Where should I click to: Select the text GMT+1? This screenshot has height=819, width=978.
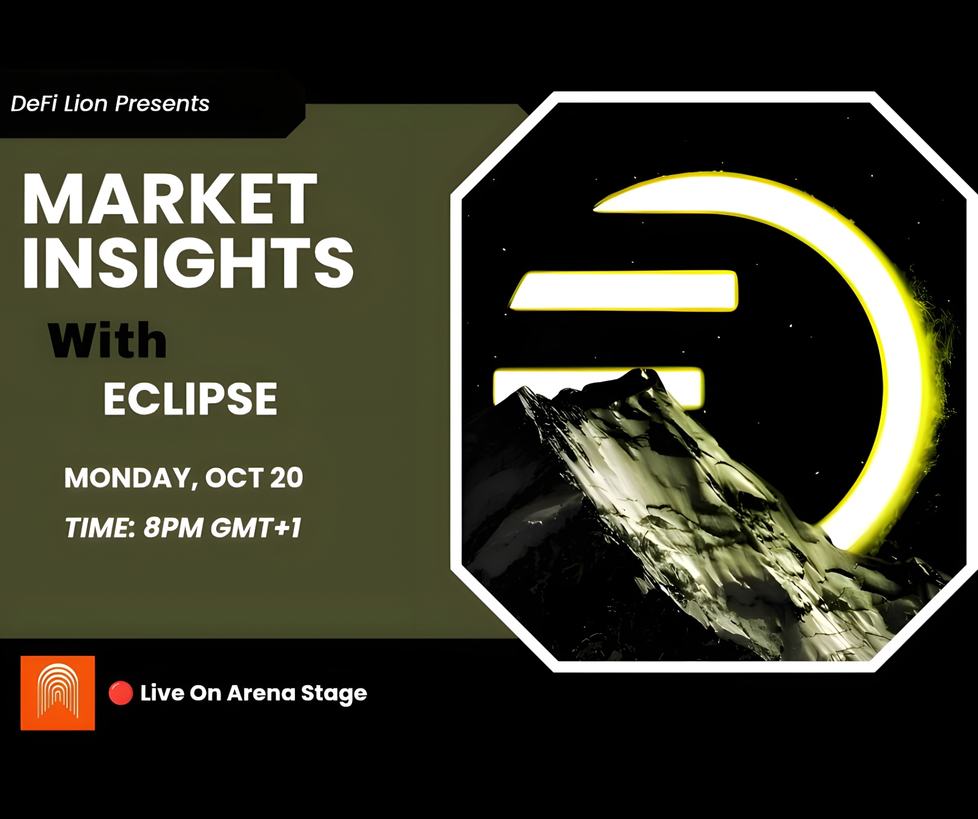click(x=256, y=527)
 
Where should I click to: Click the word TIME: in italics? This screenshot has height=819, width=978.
click(x=99, y=527)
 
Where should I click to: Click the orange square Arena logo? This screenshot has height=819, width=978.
click(x=58, y=693)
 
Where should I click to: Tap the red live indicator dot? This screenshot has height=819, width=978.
click(x=121, y=693)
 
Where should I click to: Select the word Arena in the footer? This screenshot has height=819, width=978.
click(x=261, y=693)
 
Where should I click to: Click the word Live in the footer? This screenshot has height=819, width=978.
click(x=162, y=693)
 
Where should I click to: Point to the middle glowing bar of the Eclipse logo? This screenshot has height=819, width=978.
click(x=623, y=291)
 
